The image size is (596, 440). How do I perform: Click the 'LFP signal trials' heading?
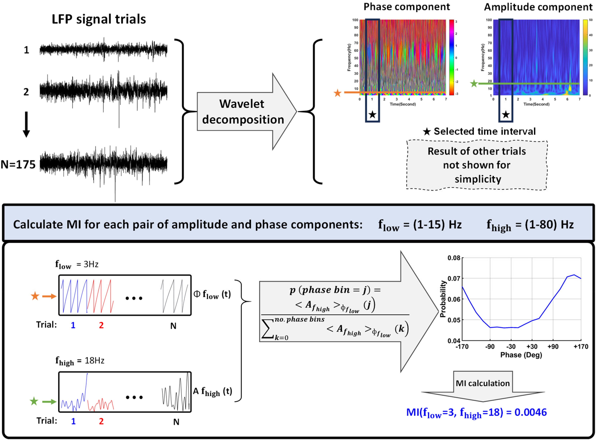99,19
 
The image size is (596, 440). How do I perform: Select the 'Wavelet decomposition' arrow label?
243,112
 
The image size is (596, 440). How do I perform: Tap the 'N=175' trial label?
18,165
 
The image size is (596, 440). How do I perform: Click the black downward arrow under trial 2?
26,124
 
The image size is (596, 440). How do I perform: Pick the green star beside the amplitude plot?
474,84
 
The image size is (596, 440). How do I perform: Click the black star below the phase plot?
372,115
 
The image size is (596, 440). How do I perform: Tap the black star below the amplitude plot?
506,115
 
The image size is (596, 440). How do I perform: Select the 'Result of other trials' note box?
477,165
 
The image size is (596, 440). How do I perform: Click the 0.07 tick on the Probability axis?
454,279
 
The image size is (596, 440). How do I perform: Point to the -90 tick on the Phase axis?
490,347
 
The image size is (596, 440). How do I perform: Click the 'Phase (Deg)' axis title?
521,355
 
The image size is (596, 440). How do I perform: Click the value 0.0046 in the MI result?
530,412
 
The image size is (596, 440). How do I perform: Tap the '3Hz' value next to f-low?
91,264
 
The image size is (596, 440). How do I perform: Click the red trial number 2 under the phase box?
101,325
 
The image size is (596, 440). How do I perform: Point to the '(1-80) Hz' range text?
549,224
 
